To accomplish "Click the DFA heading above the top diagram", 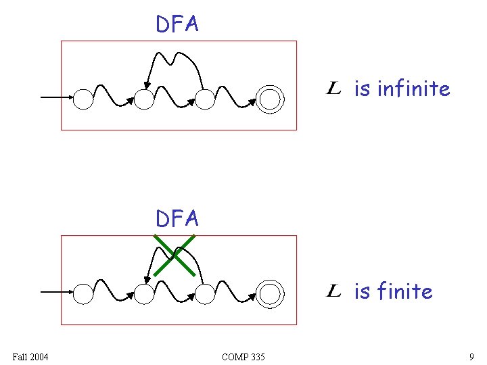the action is (177, 24).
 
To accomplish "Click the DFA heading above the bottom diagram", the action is (177, 218).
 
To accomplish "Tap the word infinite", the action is (413, 89).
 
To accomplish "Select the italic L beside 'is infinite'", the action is (333, 88).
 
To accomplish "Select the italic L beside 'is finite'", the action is (333, 291).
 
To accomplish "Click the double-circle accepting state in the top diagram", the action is (270, 99).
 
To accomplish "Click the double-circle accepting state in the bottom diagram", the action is (270, 294).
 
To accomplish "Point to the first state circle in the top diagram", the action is (83, 99).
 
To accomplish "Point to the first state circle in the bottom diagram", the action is (83, 294).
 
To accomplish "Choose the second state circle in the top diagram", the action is (143, 100).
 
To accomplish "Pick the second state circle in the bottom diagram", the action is (143, 294).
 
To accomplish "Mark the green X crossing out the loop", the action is (175, 255).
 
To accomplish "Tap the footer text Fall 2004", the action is (30, 356).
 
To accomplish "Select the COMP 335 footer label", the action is (243, 356).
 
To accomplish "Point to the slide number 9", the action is (471, 356).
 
